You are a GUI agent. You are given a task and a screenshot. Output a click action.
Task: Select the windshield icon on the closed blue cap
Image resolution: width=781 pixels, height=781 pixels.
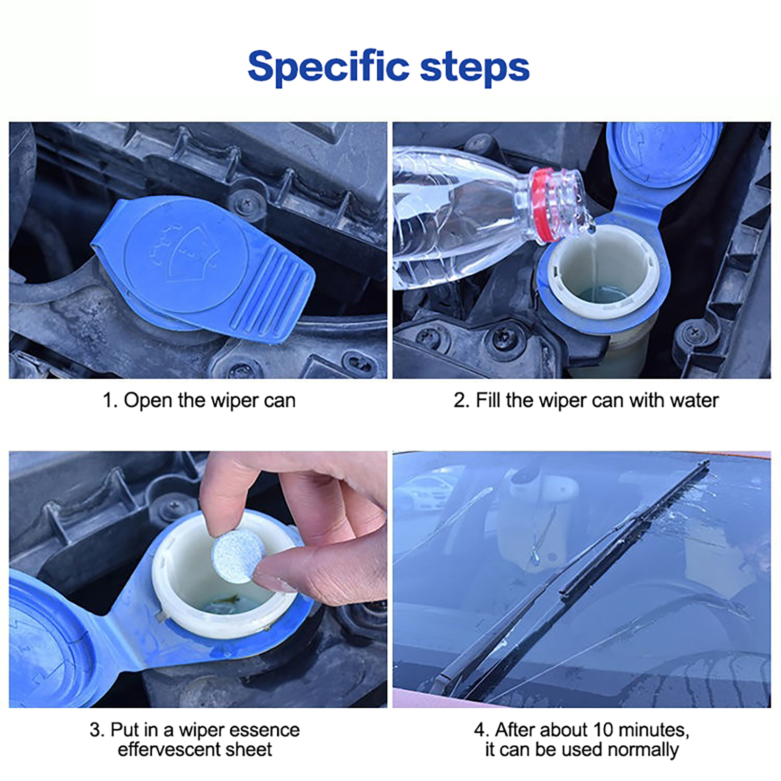[x=187, y=254]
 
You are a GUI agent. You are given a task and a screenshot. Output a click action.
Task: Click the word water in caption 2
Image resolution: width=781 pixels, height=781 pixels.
[x=695, y=401]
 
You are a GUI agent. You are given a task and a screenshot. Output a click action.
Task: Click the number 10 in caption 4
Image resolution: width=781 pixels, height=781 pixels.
[x=603, y=730]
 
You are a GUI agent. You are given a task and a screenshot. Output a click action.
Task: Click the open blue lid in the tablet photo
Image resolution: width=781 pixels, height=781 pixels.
[x=49, y=639]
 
